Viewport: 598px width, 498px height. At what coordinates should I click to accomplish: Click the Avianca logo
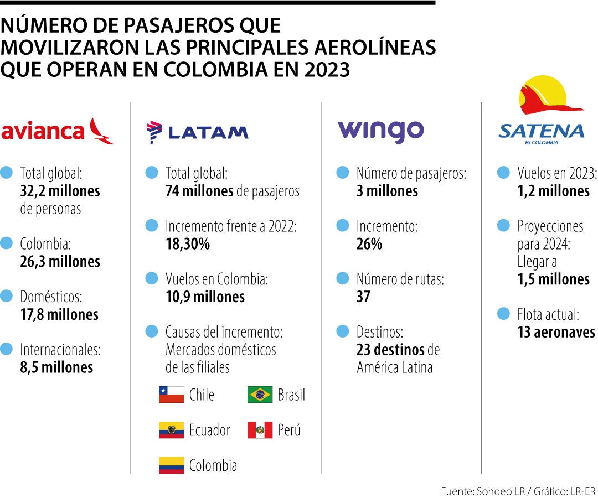(58, 131)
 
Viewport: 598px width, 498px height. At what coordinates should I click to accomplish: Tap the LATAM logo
(198, 132)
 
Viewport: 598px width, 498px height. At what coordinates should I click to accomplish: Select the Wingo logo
(381, 131)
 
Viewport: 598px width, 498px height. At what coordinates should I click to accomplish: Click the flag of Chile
(171, 395)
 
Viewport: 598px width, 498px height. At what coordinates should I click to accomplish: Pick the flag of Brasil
(260, 395)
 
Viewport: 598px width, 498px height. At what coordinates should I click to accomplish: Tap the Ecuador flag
(171, 430)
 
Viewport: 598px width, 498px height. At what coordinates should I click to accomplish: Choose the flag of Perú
(260, 430)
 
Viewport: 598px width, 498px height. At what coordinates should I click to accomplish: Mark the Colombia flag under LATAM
(171, 465)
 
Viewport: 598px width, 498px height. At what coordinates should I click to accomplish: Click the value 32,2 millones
(60, 191)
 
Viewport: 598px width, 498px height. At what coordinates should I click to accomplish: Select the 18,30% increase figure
(187, 244)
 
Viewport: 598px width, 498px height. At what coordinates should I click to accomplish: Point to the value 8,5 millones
(56, 367)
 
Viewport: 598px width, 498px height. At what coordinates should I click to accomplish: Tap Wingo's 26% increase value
(369, 244)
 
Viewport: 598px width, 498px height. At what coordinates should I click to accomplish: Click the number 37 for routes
(363, 297)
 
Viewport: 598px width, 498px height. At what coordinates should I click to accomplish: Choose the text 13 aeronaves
(556, 332)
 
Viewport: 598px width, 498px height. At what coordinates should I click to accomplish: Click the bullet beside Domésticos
(7, 296)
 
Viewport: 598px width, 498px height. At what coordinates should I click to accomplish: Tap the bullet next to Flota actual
(503, 314)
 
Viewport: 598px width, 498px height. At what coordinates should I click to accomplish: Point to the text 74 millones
(199, 191)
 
